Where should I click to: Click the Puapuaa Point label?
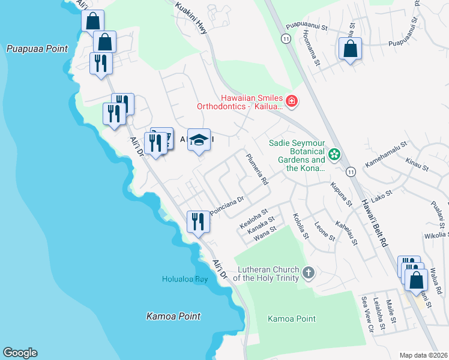pos(37,49)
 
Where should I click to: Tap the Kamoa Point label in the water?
pos(173,316)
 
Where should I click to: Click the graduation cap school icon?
pos(199,140)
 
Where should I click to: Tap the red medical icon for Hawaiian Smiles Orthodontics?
pos(292,101)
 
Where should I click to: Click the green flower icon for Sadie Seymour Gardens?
pos(334,155)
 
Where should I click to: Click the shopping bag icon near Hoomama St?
pos(350,48)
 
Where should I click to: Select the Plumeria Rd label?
pos(257,169)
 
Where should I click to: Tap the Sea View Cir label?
pos(366,313)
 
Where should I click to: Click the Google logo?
pos(20,353)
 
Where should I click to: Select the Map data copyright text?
pos(423,355)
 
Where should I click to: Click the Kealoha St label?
pos(253,223)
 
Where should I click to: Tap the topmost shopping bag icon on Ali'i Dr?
pos(93,21)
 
